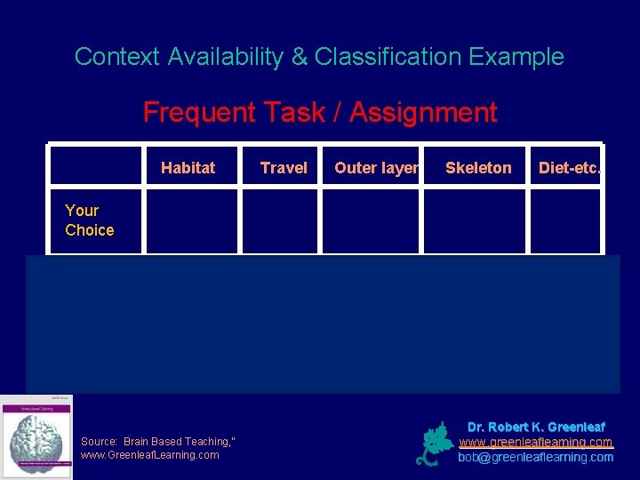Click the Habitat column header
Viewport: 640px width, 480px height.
pyautogui.click(x=188, y=167)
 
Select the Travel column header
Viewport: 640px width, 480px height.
pyautogui.click(x=284, y=167)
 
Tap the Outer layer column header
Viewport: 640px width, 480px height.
pyautogui.click(x=376, y=167)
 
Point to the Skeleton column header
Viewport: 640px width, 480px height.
pyautogui.click(x=478, y=167)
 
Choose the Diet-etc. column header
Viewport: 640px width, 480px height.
pyautogui.click(x=570, y=167)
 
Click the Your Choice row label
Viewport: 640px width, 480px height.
pyautogui.click(x=89, y=220)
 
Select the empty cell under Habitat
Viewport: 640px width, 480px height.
pyautogui.click(x=192, y=220)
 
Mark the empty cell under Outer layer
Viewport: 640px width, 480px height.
pyautogui.click(x=372, y=220)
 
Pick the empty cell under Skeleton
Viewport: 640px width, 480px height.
pyautogui.click(x=476, y=220)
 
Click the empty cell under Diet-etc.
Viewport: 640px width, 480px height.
pyautogui.click(x=565, y=220)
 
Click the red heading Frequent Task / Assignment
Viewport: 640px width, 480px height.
pyautogui.click(x=320, y=113)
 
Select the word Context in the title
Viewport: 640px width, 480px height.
pyautogui.click(x=115, y=57)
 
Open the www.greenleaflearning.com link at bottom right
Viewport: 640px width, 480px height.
pyautogui.click(x=535, y=442)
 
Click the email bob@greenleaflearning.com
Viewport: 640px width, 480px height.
pyautogui.click(x=535, y=457)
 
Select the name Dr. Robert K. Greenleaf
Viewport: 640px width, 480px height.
pyautogui.click(x=535, y=427)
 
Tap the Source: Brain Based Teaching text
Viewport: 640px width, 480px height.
pyautogui.click(x=149, y=441)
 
